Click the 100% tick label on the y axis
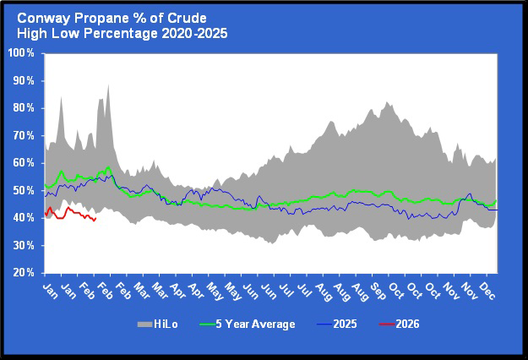(20, 53)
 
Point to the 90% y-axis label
(23, 81)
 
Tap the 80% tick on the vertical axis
(23, 108)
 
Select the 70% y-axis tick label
(23, 136)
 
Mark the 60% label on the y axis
(23, 164)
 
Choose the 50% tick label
(23, 191)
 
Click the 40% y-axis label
(23, 219)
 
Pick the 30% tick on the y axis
(23, 246)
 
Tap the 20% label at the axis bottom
(23, 274)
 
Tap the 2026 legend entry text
(407, 324)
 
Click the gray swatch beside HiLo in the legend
(143, 324)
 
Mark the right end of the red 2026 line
(96, 218)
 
